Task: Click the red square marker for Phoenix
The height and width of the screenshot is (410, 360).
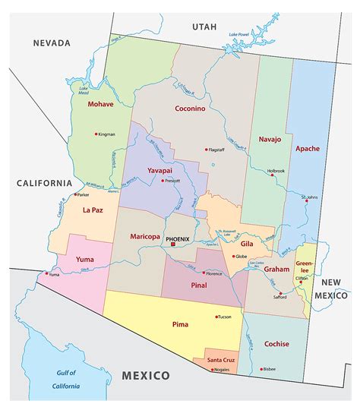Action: (173, 244)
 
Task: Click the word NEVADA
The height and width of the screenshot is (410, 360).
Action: (52, 43)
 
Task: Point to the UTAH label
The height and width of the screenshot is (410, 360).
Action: (204, 27)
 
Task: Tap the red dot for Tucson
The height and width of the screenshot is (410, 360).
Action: (215, 317)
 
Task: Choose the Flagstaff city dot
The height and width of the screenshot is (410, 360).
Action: (206, 149)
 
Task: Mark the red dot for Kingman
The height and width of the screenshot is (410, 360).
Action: (96, 134)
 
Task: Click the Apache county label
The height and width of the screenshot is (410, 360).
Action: (308, 148)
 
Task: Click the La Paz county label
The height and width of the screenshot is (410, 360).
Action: (93, 210)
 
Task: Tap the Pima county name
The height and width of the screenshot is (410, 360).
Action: (181, 324)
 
